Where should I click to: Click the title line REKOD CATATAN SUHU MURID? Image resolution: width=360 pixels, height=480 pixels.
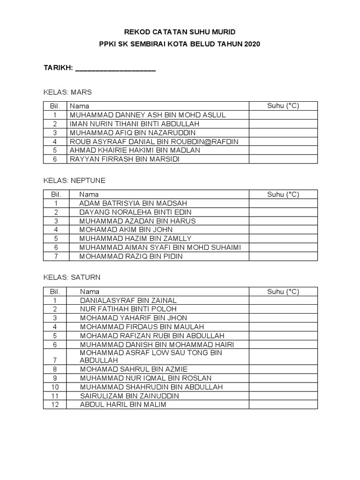point(180,32)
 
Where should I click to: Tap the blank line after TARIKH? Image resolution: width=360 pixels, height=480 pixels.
point(115,68)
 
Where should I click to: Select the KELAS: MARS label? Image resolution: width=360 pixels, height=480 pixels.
point(67,92)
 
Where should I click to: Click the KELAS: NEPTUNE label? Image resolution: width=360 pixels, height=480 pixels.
point(75,180)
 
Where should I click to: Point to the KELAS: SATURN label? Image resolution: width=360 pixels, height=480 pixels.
point(72,277)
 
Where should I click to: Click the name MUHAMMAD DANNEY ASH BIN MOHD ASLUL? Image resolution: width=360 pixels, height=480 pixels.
point(148,115)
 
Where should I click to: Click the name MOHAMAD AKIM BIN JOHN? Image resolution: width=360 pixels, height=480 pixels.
point(126,230)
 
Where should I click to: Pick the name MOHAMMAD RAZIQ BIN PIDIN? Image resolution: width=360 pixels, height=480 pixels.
point(131,256)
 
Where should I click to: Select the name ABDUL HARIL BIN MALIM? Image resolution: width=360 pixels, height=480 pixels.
point(123,405)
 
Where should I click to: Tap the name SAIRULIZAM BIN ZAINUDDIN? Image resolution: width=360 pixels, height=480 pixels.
point(129,396)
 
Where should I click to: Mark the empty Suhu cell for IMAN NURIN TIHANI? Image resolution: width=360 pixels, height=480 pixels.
point(283,124)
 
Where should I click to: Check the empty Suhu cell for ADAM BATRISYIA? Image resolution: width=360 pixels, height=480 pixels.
point(283,203)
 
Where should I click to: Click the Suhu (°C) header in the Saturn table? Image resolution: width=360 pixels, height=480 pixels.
point(283,292)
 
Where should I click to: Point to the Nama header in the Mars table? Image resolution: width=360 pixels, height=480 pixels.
point(79,106)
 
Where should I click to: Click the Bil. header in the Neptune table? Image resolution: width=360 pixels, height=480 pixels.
point(55,194)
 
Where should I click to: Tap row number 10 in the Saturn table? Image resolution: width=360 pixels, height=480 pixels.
point(55,387)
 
